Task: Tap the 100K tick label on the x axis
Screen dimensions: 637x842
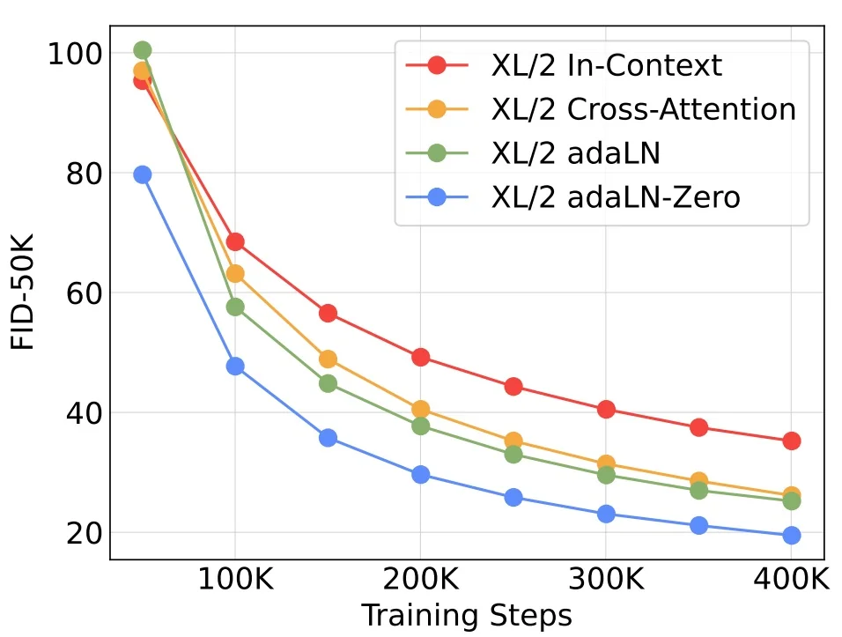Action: (x=235, y=582)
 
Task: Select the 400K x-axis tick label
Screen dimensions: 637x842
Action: (x=791, y=582)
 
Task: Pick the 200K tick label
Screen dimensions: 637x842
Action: (x=420, y=582)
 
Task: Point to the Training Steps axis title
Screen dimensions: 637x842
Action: (x=467, y=615)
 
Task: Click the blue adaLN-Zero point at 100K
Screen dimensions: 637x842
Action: (x=235, y=367)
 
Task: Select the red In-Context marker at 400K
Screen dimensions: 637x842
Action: (x=791, y=441)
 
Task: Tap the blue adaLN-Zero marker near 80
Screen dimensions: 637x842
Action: (x=142, y=174)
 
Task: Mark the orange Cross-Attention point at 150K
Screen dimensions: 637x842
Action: (x=328, y=359)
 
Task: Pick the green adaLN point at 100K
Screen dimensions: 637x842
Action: (x=235, y=307)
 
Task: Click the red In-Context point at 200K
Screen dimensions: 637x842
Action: (x=420, y=357)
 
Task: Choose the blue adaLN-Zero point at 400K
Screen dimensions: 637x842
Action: (x=791, y=535)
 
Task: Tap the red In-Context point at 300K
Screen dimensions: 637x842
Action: (x=606, y=409)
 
